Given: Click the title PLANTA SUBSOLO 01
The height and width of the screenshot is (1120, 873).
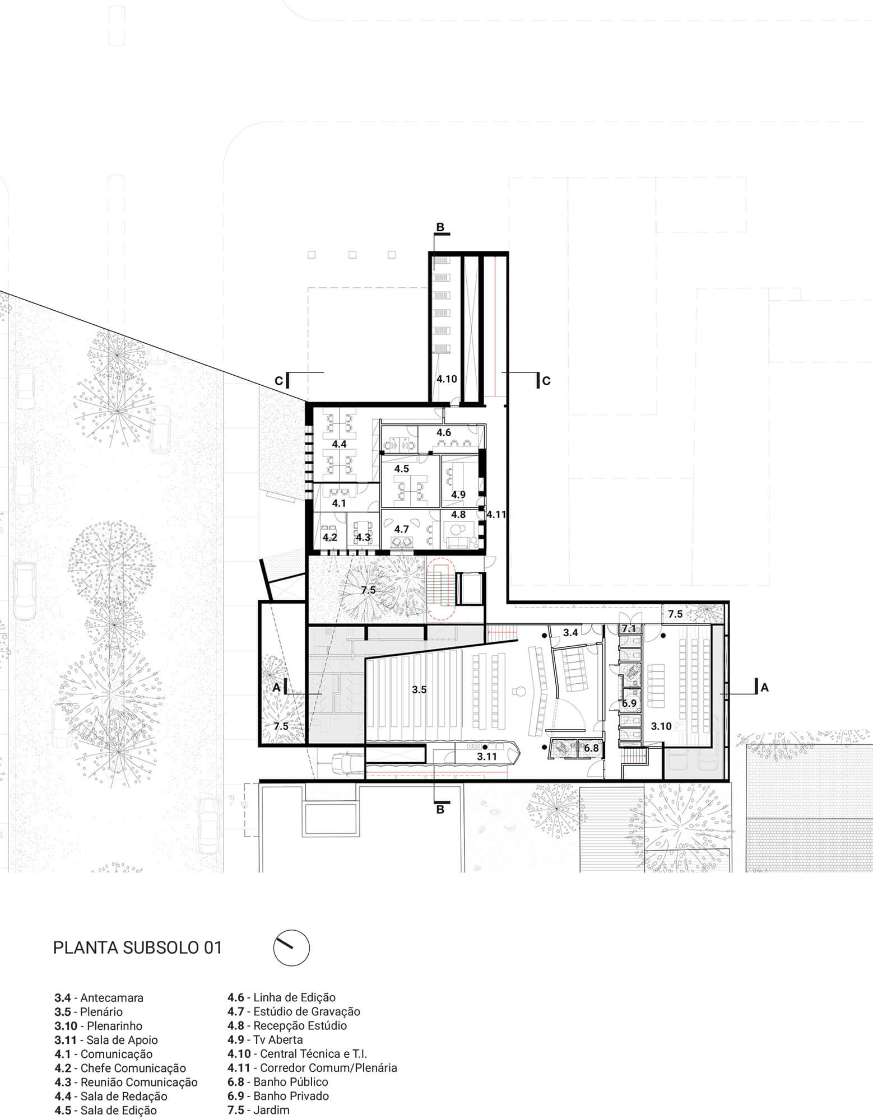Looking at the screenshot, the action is [137, 948].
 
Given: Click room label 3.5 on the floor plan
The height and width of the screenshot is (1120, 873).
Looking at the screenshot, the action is [419, 690].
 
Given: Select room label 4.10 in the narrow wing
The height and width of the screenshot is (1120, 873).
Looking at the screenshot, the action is [447, 379].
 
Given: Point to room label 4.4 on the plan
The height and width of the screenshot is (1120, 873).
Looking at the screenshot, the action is [339, 444].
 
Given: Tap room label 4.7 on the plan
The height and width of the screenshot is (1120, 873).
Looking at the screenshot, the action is [401, 529].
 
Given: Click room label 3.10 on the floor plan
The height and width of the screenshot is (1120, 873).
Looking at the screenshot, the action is [661, 726].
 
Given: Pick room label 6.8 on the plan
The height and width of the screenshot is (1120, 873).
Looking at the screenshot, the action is [591, 748].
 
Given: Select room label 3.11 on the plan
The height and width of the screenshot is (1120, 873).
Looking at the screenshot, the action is [487, 757].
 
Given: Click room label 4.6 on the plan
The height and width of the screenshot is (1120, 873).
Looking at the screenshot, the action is [444, 432].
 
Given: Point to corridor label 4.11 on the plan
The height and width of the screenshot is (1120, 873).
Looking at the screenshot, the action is [496, 514].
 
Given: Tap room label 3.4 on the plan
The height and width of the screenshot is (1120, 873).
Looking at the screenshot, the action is [570, 633].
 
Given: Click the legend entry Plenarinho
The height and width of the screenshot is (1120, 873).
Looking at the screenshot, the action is [114, 1026].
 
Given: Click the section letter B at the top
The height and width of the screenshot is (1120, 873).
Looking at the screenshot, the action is [440, 227].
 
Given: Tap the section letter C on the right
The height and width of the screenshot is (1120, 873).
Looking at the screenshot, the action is [546, 381].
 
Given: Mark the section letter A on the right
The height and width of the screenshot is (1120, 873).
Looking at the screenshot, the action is [765, 688].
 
